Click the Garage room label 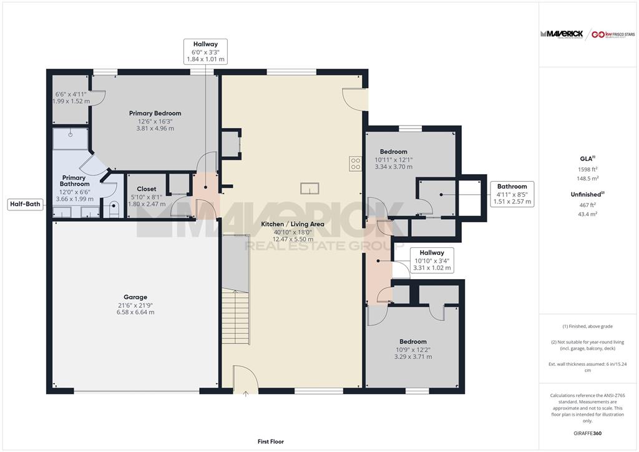[135, 297]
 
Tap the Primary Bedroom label [155, 113]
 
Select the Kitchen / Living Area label [293, 224]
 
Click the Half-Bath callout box [25, 204]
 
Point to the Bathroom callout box [512, 194]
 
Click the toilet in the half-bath [114, 209]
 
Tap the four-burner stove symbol [355, 164]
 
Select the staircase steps [235, 318]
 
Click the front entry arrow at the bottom [246, 394]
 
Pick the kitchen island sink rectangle [310, 189]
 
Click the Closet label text [146, 189]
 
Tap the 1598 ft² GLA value [588, 169]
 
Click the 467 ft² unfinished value [587, 205]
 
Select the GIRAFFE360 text [587, 433]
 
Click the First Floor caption [271, 441]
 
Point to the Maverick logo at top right [562, 34]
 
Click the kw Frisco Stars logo [613, 34]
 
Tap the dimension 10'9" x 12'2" [413, 350]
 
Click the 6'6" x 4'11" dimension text [71, 94]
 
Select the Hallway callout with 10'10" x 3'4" [432, 260]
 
